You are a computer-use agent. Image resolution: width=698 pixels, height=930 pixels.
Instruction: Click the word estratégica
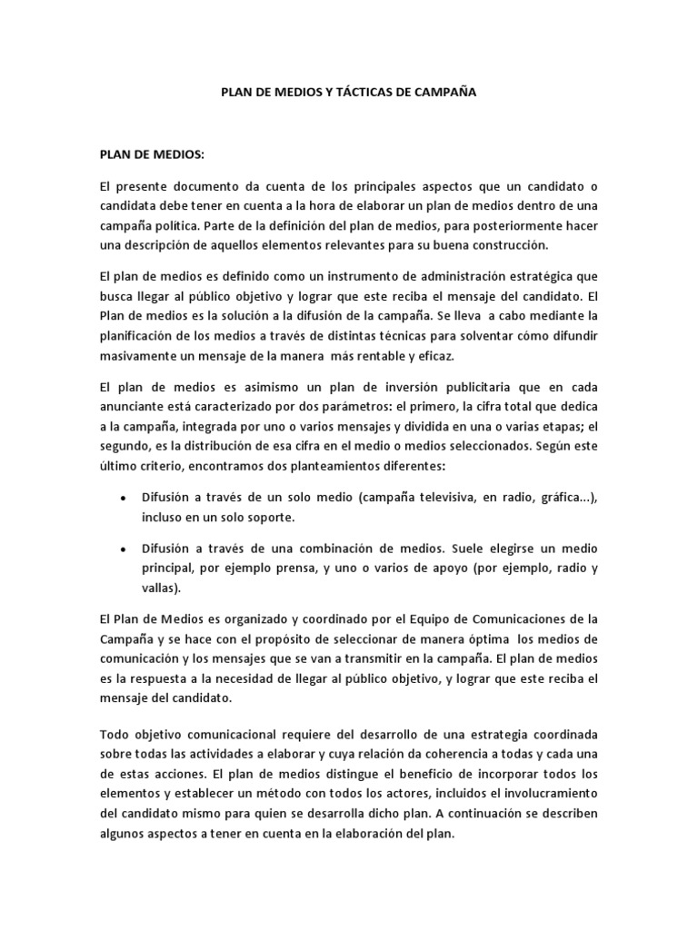tap(541, 275)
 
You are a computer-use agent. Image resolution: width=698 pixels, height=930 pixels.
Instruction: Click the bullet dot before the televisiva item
tap(123, 499)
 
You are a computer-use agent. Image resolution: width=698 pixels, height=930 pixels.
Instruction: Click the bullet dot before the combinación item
tap(123, 549)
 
